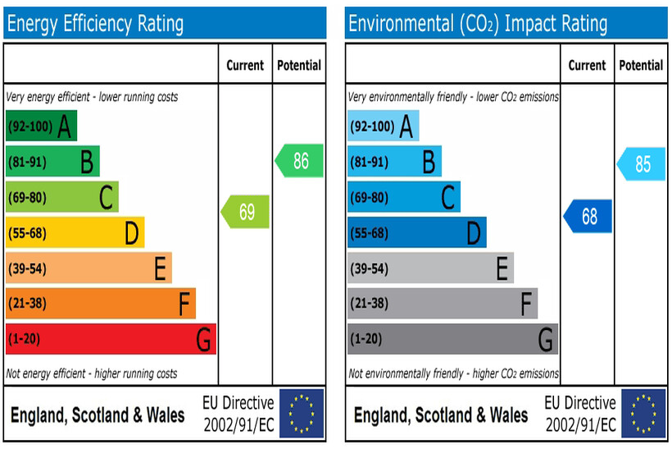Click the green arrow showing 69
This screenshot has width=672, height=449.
246,213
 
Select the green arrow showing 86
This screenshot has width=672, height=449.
299,161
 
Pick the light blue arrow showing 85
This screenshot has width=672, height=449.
641,164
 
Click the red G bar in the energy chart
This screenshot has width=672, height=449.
111,339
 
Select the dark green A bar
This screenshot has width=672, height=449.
41,126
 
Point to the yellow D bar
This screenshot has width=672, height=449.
75,233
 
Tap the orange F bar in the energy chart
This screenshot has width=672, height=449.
100,304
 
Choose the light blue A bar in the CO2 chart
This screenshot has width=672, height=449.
383,126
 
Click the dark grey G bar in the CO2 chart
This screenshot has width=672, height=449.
452,339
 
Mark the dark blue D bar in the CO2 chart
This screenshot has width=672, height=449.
416,233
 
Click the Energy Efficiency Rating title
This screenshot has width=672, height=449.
95,24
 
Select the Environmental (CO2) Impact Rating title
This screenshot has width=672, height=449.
478,24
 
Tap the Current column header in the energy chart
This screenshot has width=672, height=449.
245,65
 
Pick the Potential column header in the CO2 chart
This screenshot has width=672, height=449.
641,65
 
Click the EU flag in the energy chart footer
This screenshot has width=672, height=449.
302,414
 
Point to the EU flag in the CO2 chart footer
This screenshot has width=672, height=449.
643,414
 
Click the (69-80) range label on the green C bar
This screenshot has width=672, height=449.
27,198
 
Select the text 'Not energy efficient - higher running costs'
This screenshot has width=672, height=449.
92,373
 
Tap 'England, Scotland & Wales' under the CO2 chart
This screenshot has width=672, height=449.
441,415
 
